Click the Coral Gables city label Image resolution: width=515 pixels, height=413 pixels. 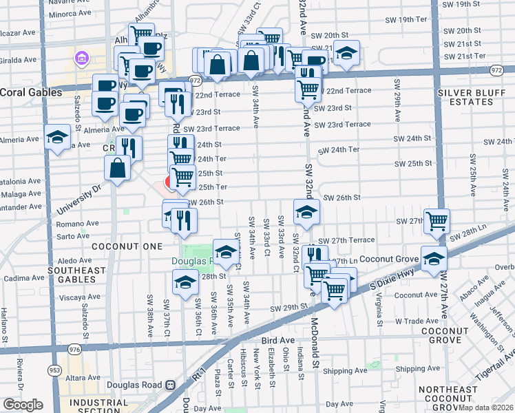pyautogui.click(x=27, y=92)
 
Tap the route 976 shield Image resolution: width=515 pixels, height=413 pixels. pyautogui.click(x=74, y=350)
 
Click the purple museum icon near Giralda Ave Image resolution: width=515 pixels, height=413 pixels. pyautogui.click(x=81, y=58)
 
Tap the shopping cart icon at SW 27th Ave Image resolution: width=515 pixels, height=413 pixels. pyautogui.click(x=437, y=220)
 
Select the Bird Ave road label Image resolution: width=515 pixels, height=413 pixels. pyautogui.click(x=278, y=340)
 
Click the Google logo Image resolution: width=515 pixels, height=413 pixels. pyautogui.click(x=23, y=405)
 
